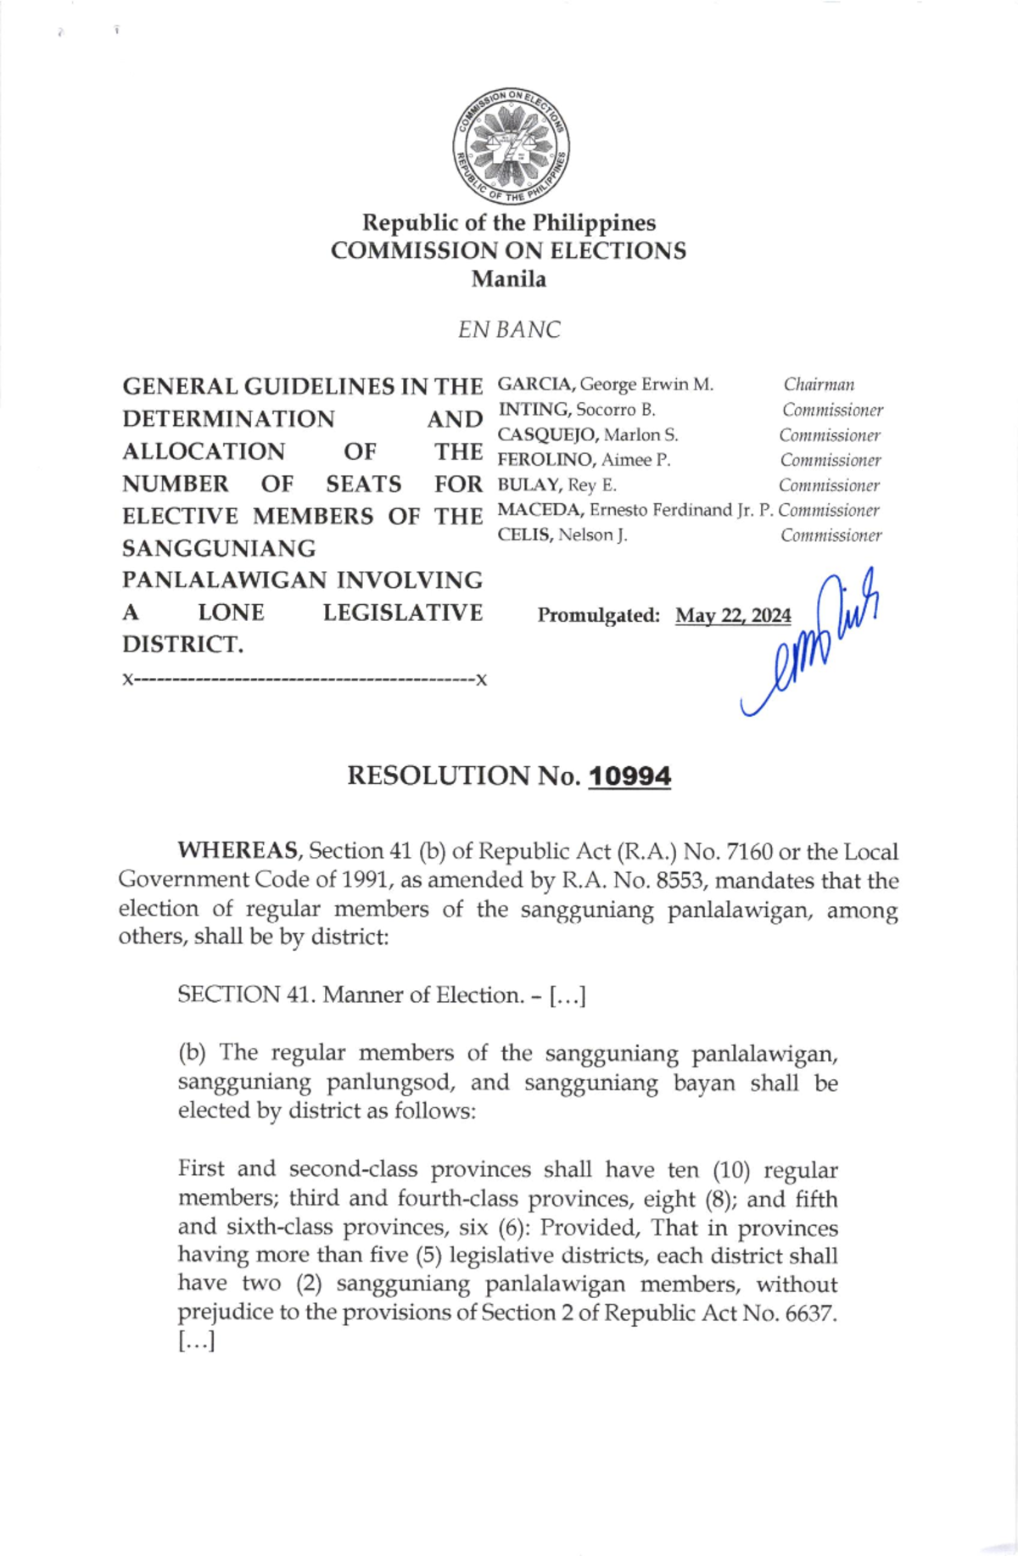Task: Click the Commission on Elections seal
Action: point(510,146)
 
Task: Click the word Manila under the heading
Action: point(509,279)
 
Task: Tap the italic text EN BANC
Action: point(509,330)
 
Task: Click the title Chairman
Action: point(819,385)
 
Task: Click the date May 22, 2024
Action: point(733,616)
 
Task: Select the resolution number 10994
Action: point(629,776)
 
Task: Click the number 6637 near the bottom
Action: point(807,1313)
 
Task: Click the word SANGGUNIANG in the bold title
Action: point(219,549)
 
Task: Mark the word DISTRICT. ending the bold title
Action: point(182,645)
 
